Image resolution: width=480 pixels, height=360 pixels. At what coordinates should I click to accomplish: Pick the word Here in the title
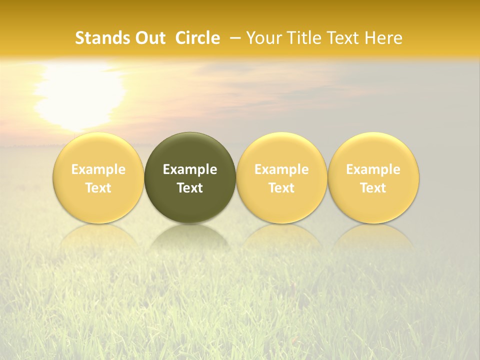coord(384,38)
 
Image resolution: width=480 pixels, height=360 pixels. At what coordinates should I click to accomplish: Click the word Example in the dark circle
coord(190,169)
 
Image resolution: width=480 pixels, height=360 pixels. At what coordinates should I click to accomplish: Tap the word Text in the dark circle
coord(190,188)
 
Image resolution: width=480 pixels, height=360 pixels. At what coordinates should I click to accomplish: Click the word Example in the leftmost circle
coord(98,169)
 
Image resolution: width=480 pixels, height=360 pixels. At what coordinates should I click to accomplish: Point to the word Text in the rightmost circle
coord(373,188)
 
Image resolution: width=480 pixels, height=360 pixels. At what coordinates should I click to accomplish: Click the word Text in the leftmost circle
coord(98,188)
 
